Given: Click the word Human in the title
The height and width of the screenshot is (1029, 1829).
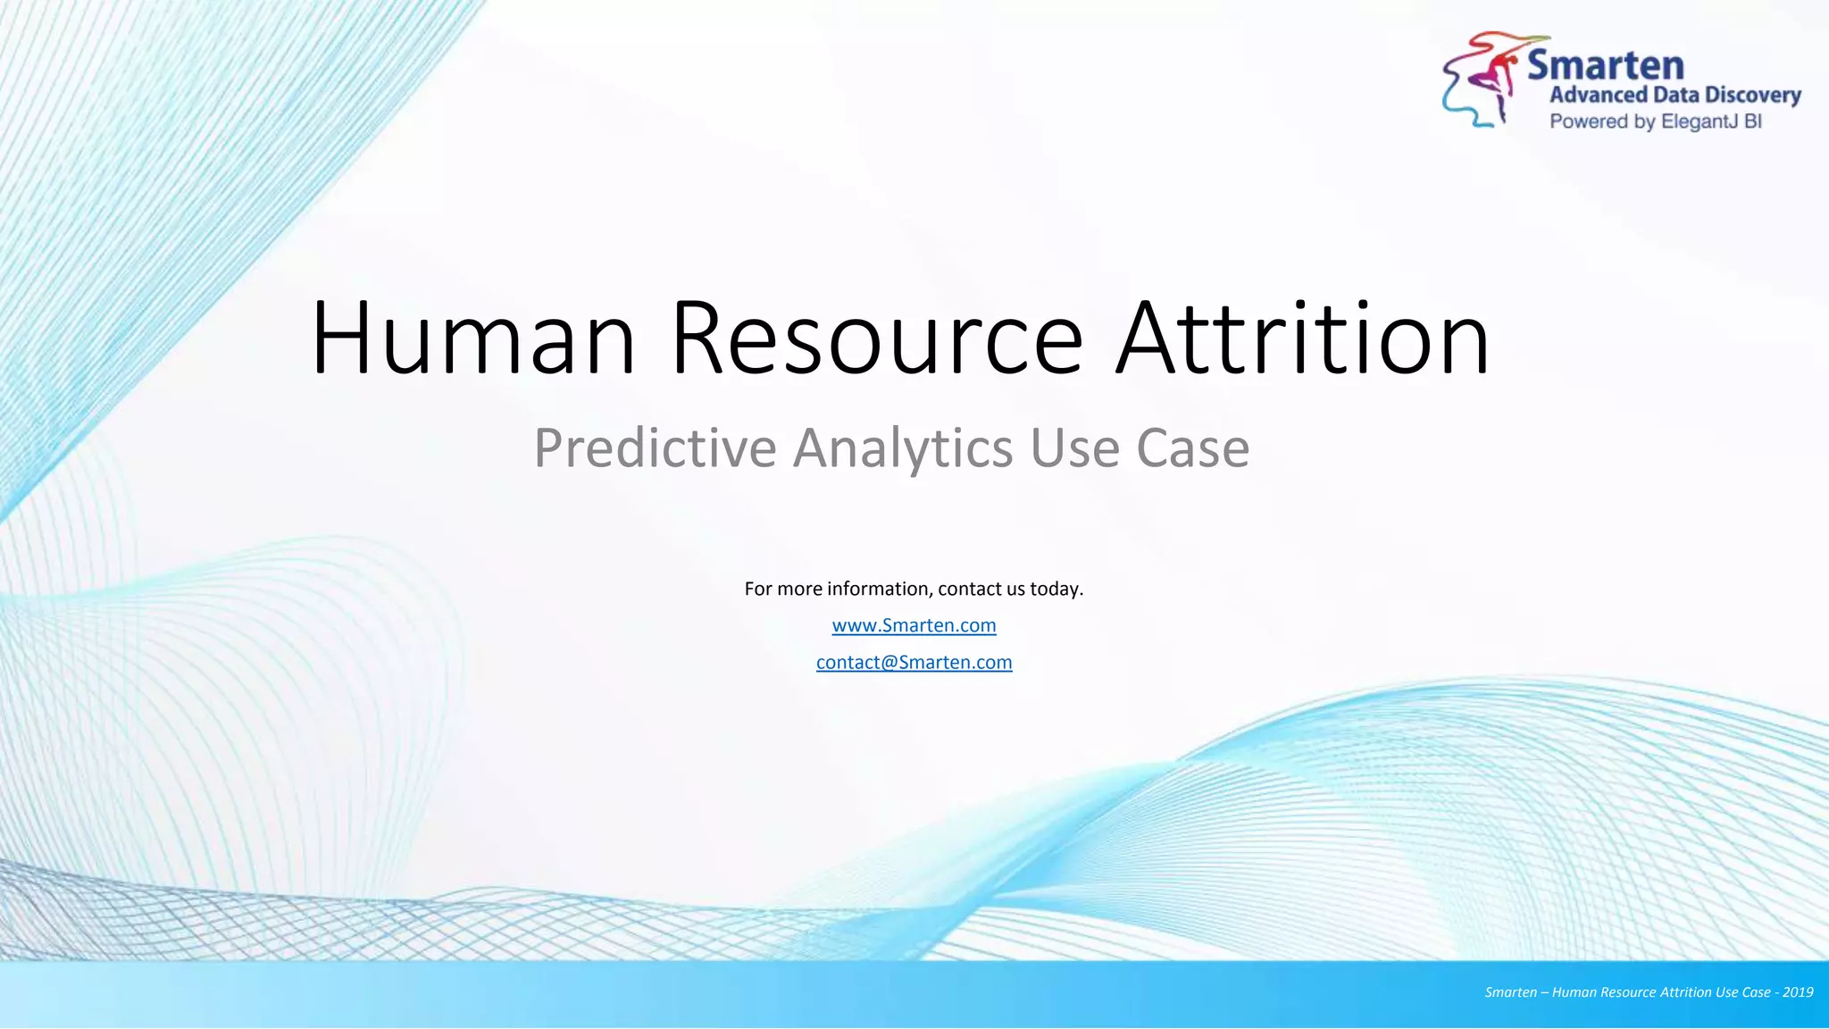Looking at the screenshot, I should pyautogui.click(x=473, y=339).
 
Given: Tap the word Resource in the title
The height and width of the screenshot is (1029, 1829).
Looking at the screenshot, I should pyautogui.click(x=877, y=339).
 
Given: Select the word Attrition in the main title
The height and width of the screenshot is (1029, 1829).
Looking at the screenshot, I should pyautogui.click(x=1303, y=339).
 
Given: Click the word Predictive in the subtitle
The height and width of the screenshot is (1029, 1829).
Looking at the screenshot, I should pyautogui.click(x=655, y=448).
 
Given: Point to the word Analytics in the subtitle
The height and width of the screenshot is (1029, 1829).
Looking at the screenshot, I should pyautogui.click(x=903, y=448).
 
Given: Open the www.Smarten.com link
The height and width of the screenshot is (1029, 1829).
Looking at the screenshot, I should pyautogui.click(x=914, y=625).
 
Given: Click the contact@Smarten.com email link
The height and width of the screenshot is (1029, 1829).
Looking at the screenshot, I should pyautogui.click(x=914, y=663).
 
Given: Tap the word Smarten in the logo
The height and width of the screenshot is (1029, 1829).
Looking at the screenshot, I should pyautogui.click(x=1605, y=65).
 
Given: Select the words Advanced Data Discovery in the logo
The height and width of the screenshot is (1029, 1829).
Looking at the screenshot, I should pyautogui.click(x=1674, y=95).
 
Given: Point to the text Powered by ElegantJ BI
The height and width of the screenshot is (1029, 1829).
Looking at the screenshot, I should pyautogui.click(x=1655, y=121).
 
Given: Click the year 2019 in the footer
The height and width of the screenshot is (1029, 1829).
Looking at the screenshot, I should pyautogui.click(x=1798, y=992).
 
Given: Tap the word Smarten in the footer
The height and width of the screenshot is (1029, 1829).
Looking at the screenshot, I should pyautogui.click(x=1510, y=992).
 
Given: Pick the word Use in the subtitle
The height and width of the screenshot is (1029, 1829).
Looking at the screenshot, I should pyautogui.click(x=1074, y=448).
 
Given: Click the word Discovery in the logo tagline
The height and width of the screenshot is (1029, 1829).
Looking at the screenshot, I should pyautogui.click(x=1752, y=95).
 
